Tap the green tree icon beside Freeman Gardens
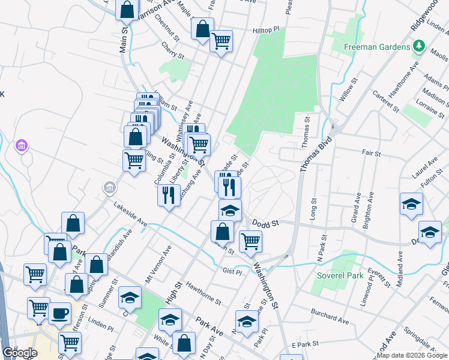[x=418, y=46]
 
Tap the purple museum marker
[x=22, y=145]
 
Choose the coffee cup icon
[x=59, y=313]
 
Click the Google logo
[x=20, y=353]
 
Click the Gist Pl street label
[x=231, y=271]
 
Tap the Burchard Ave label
[x=330, y=317]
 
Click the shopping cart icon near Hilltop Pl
[x=221, y=41]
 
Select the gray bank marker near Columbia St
[x=109, y=188]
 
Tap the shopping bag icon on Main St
[x=127, y=10]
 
